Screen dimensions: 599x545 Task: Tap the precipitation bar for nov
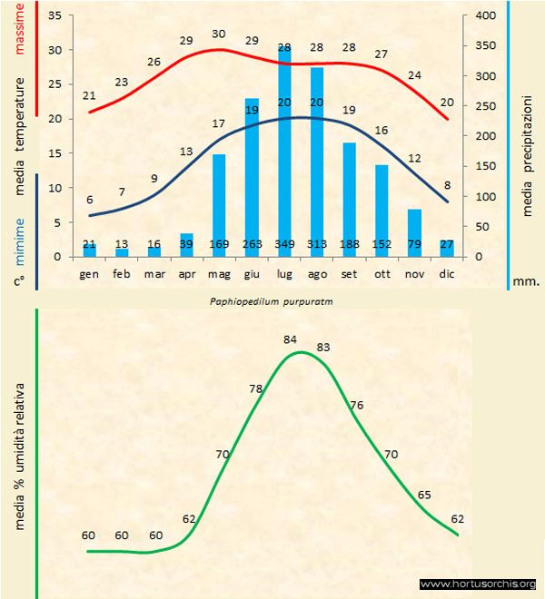pos(414,232)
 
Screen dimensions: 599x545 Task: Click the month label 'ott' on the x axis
pos(381,272)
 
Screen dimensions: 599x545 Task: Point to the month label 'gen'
pos(89,272)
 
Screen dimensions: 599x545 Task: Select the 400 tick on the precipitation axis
pos(487,15)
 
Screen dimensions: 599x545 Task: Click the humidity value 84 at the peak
pos(291,339)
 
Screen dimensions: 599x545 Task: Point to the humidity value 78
pos(257,389)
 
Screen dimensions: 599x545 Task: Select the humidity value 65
pos(425,495)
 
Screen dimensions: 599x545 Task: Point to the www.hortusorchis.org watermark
pos(478,584)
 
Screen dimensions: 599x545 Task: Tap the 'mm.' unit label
pos(527,281)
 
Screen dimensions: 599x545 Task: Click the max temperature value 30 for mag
pos(219,34)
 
